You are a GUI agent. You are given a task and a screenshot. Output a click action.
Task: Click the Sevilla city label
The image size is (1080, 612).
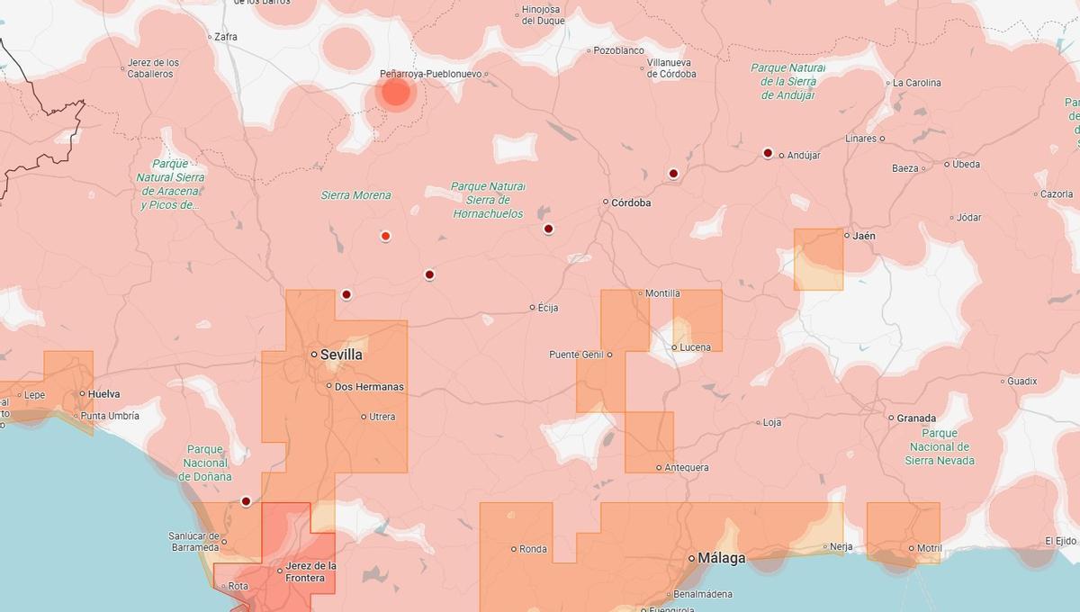click(341, 355)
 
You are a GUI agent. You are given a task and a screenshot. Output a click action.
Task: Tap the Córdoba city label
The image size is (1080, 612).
click(630, 202)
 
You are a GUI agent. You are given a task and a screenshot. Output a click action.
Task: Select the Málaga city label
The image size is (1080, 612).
click(721, 558)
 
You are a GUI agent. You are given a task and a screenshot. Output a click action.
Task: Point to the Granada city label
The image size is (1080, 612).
click(916, 418)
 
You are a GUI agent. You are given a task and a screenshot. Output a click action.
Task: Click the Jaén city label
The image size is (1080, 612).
click(863, 236)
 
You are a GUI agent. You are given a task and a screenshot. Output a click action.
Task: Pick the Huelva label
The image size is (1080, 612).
click(103, 393)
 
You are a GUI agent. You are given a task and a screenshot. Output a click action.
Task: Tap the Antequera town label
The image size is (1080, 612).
click(686, 467)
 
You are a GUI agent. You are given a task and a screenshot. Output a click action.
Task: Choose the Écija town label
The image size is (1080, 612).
click(547, 308)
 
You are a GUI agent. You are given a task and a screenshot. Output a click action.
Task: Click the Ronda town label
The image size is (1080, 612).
click(533, 549)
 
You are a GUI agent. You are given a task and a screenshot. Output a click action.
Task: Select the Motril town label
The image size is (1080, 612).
click(929, 548)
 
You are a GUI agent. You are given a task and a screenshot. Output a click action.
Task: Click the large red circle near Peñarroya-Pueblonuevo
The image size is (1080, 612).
click(396, 92)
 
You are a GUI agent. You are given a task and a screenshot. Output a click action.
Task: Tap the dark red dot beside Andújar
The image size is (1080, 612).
click(768, 153)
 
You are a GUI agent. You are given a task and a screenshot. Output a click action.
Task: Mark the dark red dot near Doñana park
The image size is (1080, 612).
click(246, 501)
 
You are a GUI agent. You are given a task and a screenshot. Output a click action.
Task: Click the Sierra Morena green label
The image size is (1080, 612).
click(356, 195)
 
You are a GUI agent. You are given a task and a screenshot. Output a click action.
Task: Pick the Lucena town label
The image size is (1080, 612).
click(695, 347)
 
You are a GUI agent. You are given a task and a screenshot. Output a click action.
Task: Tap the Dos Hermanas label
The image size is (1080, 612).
click(369, 387)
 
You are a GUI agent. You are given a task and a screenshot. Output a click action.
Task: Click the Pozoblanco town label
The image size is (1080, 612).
click(618, 51)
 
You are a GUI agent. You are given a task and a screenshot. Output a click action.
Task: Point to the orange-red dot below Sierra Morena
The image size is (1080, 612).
click(385, 236)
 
